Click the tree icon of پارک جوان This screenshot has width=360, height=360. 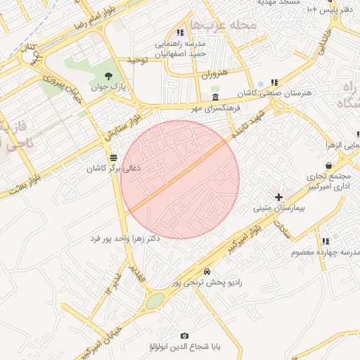point(108,75)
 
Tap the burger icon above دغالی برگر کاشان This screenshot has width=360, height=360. point(114,157)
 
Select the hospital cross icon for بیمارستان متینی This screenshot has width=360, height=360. point(278,197)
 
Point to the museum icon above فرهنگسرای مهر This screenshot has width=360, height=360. point(214,97)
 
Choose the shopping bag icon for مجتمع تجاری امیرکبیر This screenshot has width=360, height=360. point(329,165)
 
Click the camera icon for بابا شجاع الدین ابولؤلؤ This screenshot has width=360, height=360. point(184,336)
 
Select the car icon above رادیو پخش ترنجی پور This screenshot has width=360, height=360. point(207,271)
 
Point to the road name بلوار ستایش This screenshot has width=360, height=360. point(124,124)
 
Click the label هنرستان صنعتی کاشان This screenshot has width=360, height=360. point(293,93)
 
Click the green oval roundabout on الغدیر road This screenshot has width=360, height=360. point(155,300)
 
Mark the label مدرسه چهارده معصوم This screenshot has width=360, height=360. point(332,252)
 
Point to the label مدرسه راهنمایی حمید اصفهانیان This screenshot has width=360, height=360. point(181,49)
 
